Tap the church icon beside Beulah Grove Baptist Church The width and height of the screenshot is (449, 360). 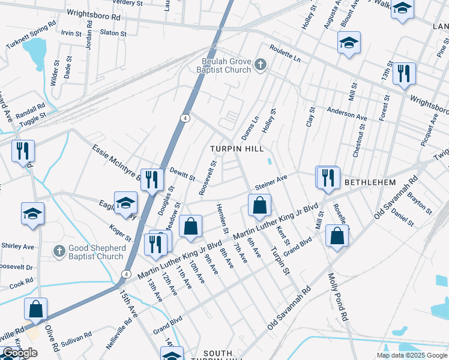[x=260, y=64]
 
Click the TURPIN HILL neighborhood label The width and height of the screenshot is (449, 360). [x=236, y=148]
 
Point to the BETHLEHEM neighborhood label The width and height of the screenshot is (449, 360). [x=369, y=182]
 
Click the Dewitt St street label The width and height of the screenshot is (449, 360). [x=182, y=174]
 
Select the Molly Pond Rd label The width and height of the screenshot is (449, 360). [x=337, y=297]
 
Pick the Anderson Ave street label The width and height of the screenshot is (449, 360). [x=346, y=113]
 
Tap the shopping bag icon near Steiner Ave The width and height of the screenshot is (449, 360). [x=259, y=205]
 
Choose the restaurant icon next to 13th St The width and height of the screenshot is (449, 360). [x=404, y=73]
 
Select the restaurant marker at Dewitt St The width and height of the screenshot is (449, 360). [x=152, y=179]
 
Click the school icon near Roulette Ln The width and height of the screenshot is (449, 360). [x=348, y=43]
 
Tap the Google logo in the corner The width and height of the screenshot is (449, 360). [x=20, y=353]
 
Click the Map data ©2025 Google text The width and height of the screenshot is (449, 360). [x=412, y=355]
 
